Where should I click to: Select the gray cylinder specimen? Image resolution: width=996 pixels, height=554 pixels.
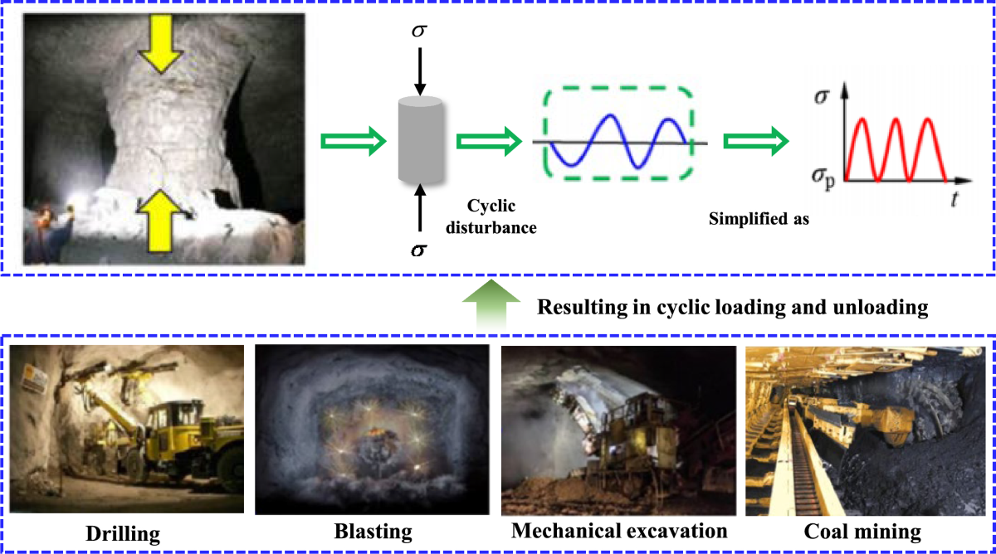[x=420, y=138]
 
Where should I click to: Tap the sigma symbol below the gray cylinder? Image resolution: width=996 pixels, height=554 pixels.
[x=419, y=248]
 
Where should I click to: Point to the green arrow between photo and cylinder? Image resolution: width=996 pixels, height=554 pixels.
[x=354, y=143]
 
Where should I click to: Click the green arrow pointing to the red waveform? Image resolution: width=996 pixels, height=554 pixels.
[x=754, y=143]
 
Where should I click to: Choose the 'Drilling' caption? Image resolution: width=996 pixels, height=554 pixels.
[x=127, y=532]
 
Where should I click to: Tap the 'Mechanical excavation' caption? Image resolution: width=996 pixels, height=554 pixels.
[x=619, y=530]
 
